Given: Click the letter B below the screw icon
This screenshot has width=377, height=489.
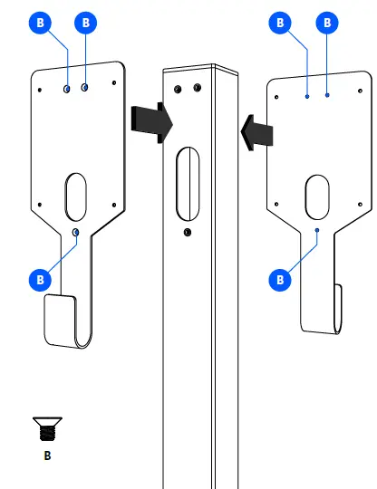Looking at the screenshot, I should pyautogui.click(x=47, y=455).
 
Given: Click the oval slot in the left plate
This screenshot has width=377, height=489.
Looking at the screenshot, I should pyautogui.click(x=76, y=195).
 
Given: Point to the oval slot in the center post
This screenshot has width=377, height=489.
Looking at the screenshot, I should pyautogui.click(x=188, y=183).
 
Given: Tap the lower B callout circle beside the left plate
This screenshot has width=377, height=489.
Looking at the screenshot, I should pyautogui.click(x=39, y=280).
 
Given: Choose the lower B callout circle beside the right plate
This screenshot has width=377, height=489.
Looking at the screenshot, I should pyautogui.click(x=279, y=280).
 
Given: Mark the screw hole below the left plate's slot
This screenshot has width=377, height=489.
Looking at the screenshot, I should pyautogui.click(x=76, y=233).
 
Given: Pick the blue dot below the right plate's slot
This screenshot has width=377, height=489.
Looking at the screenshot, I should pyautogui.click(x=317, y=232).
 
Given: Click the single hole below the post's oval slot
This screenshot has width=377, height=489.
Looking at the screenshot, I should pyautogui.click(x=187, y=233).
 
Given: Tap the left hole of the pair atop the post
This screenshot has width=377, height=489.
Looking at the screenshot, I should pyautogui.click(x=177, y=89).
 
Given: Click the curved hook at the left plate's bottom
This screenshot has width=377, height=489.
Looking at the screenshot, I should pyautogui.click(x=65, y=321).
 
